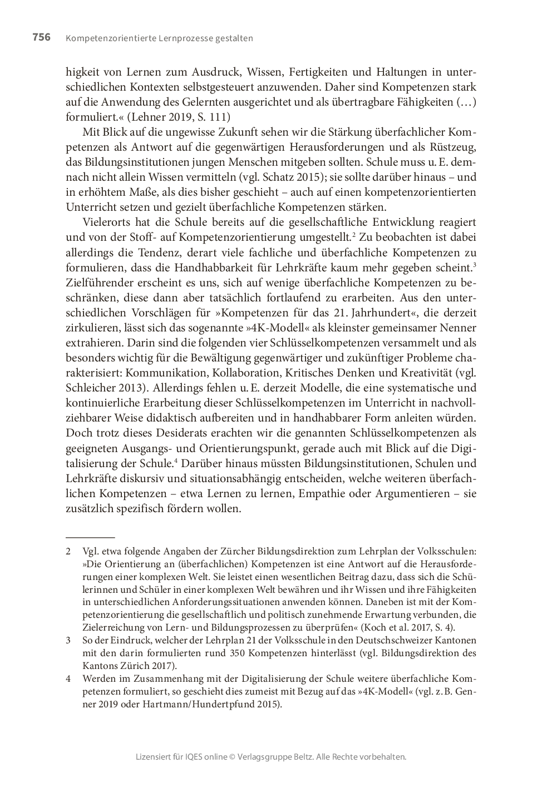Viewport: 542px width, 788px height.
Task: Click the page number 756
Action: tap(41, 38)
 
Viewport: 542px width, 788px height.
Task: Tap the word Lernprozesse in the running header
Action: tap(160, 38)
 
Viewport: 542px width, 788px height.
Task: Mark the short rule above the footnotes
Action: tap(90, 538)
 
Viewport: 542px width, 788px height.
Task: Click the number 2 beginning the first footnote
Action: tap(68, 552)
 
